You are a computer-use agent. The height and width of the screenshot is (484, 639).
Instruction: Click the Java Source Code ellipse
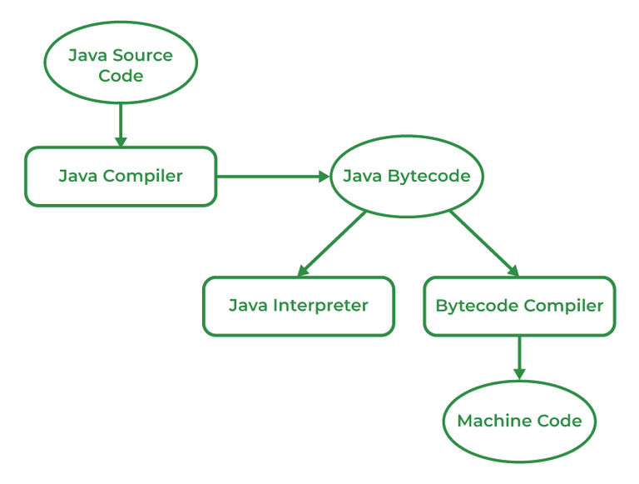(x=121, y=65)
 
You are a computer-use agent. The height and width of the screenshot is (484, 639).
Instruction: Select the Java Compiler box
(x=121, y=177)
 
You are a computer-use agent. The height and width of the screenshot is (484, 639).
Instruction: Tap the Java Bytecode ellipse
(x=407, y=177)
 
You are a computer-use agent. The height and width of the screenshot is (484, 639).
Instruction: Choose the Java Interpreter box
(x=298, y=306)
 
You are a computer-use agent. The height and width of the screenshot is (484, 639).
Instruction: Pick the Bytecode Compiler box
(x=519, y=306)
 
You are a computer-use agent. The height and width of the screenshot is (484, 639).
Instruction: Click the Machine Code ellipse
(x=519, y=421)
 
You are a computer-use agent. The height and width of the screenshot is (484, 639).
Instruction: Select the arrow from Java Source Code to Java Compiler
(x=121, y=123)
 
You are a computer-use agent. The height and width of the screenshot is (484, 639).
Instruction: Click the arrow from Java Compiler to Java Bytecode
(x=270, y=177)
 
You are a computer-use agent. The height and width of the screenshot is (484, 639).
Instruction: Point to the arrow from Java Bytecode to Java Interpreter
(x=333, y=242)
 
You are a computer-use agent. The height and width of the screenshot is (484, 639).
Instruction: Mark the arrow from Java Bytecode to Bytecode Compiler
(x=483, y=242)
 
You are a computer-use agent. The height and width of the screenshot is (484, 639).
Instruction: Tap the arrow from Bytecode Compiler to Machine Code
(x=519, y=357)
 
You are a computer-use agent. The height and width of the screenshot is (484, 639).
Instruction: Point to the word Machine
(x=488, y=421)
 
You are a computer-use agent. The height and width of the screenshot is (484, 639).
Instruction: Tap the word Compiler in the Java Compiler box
(x=143, y=177)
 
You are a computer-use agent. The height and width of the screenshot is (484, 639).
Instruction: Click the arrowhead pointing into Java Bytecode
(x=324, y=177)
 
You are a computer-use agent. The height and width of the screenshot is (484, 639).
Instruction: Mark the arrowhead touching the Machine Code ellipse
(x=519, y=375)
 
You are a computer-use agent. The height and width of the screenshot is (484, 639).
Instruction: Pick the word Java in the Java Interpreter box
(x=248, y=306)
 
